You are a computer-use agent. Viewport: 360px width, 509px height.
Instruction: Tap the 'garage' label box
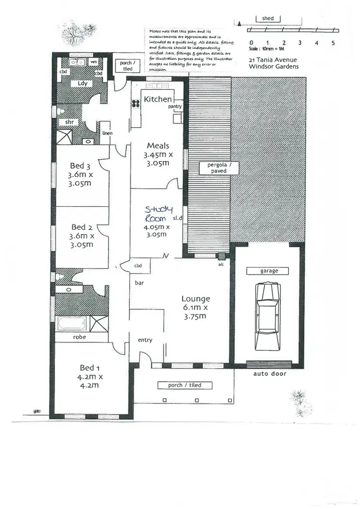tap(269, 271)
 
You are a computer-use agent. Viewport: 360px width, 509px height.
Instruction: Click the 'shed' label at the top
tap(268, 19)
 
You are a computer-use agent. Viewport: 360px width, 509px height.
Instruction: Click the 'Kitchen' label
tap(157, 99)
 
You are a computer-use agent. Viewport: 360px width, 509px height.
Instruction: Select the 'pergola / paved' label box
tap(216, 167)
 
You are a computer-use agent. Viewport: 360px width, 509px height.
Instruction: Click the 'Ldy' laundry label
tap(82, 83)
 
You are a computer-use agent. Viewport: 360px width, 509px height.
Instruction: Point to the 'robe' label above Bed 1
tap(79, 337)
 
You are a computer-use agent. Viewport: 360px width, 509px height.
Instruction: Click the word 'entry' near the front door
tap(145, 340)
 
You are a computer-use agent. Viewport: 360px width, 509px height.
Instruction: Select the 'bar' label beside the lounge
tap(139, 283)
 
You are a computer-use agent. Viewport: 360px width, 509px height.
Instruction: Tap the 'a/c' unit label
tap(221, 264)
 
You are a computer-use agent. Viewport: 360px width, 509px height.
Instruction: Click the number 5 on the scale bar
tap(333, 43)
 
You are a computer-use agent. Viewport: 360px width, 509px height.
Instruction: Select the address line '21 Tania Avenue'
tap(273, 59)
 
